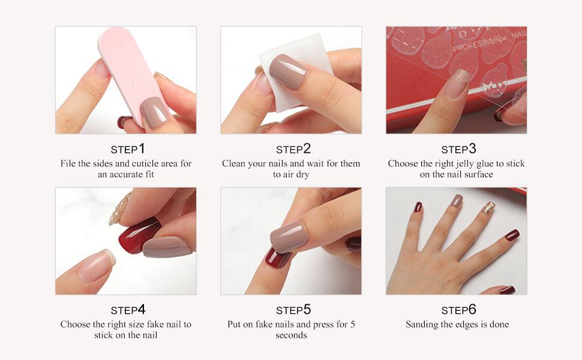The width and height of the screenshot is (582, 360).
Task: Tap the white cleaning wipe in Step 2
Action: pos(293,74)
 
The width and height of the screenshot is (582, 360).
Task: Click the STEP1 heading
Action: pos(128,149)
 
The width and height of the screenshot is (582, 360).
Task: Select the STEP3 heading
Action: pos(458,149)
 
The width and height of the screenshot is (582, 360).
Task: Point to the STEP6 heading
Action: pos(458,310)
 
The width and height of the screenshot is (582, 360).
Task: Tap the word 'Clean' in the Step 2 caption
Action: pos(232,164)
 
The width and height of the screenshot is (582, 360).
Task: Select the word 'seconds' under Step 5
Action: pos(291,335)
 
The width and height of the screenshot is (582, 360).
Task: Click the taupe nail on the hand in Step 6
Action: pos(458,200)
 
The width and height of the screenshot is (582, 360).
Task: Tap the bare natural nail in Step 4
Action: pos(95,265)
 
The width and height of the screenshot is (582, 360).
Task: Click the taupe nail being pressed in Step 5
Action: pos(288,238)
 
